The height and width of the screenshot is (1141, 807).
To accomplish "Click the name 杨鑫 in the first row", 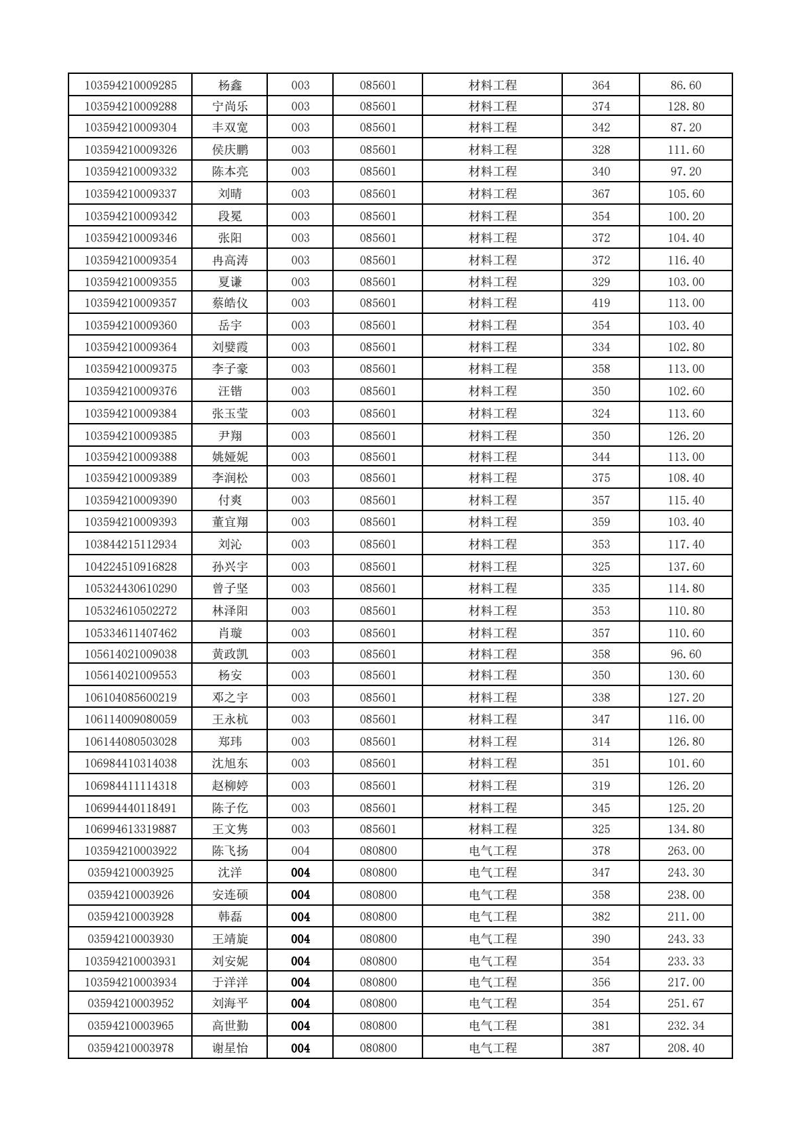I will pos(230,85).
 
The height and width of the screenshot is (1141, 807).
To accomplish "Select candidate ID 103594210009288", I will pos(130,106).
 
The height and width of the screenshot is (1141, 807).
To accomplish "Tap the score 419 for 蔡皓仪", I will pos(600,303).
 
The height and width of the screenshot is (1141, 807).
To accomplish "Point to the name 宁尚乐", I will pos(230,106).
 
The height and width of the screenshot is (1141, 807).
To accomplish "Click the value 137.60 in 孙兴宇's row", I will pos(686,566).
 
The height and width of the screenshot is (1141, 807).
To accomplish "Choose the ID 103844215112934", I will pos(130,544).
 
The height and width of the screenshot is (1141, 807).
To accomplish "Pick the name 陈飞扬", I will pos(230,851).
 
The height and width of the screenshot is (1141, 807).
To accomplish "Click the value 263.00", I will pos(686,851).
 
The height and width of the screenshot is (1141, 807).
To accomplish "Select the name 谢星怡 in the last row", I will pos(230,1048).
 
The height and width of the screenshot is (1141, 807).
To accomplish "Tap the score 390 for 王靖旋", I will pos(600,939).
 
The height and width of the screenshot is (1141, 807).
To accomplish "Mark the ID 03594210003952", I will pos(130,1003).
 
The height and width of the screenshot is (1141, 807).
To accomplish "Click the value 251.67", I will pos(686,1003).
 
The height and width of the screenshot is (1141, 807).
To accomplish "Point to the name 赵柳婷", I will pos(230,786).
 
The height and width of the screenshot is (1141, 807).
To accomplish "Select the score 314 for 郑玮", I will pos(600,742).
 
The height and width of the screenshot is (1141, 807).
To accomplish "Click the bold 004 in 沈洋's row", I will pos(300,873).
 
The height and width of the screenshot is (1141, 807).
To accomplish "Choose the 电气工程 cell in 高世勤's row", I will pos(492,1026).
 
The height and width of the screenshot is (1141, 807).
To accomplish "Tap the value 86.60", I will pos(686,85).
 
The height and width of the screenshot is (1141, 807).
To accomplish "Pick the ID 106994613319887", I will pos(130,829).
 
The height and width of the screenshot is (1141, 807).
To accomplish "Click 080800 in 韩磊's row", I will pos(378,917).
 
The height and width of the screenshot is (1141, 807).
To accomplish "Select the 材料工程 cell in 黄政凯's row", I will pos(492,654).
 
